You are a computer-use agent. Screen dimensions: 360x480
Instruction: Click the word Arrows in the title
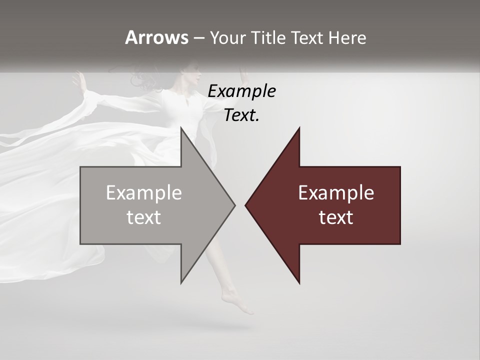(156, 37)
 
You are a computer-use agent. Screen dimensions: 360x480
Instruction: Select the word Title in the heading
(269, 38)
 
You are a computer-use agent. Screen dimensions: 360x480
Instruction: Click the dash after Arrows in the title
(198, 38)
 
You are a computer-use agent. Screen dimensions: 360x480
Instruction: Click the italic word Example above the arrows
(241, 91)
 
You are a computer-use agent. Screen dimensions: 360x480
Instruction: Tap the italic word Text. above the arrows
(241, 115)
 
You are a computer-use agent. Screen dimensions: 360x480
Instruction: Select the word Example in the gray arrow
(144, 193)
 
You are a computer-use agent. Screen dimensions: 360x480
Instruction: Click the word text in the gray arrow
(144, 217)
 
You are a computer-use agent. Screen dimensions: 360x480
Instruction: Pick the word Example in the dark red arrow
(336, 193)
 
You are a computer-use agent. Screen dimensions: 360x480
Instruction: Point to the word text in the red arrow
(336, 217)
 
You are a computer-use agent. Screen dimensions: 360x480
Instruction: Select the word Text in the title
(307, 38)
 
